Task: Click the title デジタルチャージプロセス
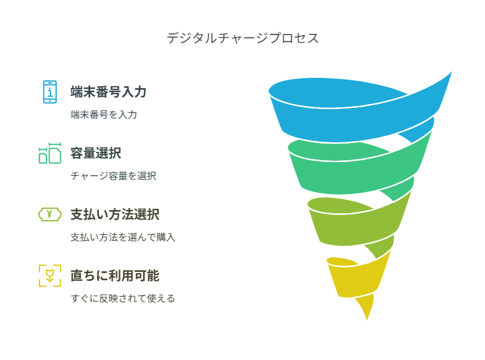click(243, 38)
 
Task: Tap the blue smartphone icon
click(50, 92)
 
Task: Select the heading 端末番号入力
click(108, 92)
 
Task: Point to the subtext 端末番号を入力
click(103, 115)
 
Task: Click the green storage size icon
click(50, 153)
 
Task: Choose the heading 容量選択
click(96, 153)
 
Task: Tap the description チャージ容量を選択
click(114, 176)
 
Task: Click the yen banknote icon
click(50, 214)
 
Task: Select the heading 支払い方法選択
click(115, 214)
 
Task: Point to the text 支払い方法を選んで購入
click(123, 237)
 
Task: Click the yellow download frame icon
click(50, 276)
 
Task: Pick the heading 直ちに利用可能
click(115, 276)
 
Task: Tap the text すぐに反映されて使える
click(123, 299)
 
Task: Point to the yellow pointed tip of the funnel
click(367, 320)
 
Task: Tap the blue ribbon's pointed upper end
click(452, 71)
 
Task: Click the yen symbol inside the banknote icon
click(50, 214)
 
